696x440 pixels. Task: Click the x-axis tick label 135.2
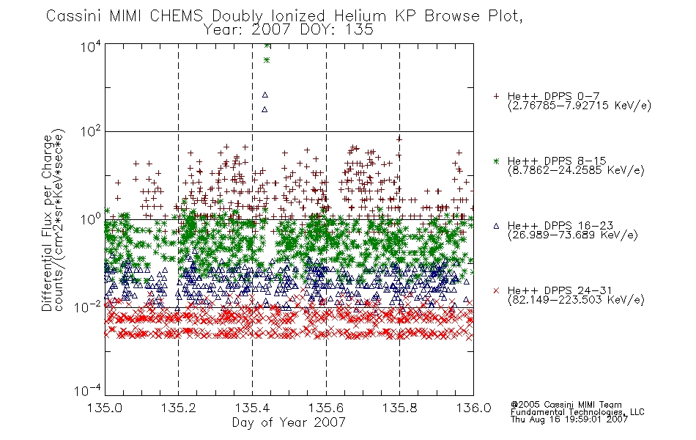(x=179, y=408)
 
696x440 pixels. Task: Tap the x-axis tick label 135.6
(x=326, y=408)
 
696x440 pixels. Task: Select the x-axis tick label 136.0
(x=473, y=408)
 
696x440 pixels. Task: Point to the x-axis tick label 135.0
(x=105, y=408)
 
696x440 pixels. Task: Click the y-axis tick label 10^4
(x=91, y=46)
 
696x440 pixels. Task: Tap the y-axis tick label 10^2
(x=91, y=131)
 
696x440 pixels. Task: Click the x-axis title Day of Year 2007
(x=289, y=422)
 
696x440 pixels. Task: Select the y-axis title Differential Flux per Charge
(x=47, y=223)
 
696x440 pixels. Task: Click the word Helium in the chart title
(x=360, y=16)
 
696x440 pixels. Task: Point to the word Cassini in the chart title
(x=75, y=16)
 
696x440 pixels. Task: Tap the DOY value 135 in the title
(x=359, y=30)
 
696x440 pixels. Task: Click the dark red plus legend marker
(x=496, y=96)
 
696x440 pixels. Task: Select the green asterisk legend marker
(x=496, y=161)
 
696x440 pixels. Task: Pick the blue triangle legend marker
(x=496, y=226)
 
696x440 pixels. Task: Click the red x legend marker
(x=496, y=290)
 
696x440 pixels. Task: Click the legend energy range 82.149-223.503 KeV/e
(x=576, y=300)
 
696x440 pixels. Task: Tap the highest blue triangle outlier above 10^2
(x=265, y=95)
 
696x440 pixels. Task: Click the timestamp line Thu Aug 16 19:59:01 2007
(x=569, y=419)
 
